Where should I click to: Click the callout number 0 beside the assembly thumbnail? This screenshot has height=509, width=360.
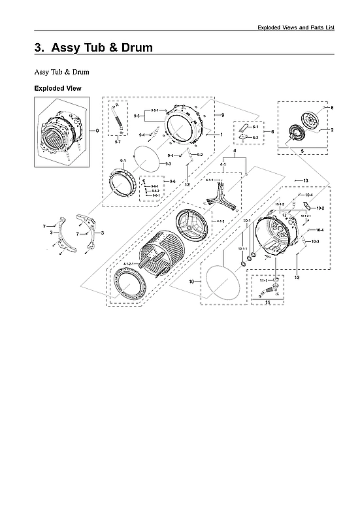97,131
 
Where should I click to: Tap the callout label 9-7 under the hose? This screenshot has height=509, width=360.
117,142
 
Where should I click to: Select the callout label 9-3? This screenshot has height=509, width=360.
168,163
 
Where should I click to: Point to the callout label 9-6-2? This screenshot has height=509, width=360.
155,191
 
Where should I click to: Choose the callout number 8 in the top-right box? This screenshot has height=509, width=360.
332,107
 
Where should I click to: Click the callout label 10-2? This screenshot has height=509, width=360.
320,208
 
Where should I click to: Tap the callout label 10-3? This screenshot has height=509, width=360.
315,242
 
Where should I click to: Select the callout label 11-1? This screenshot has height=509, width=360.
263,280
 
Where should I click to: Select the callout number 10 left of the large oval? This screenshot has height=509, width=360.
193,282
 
